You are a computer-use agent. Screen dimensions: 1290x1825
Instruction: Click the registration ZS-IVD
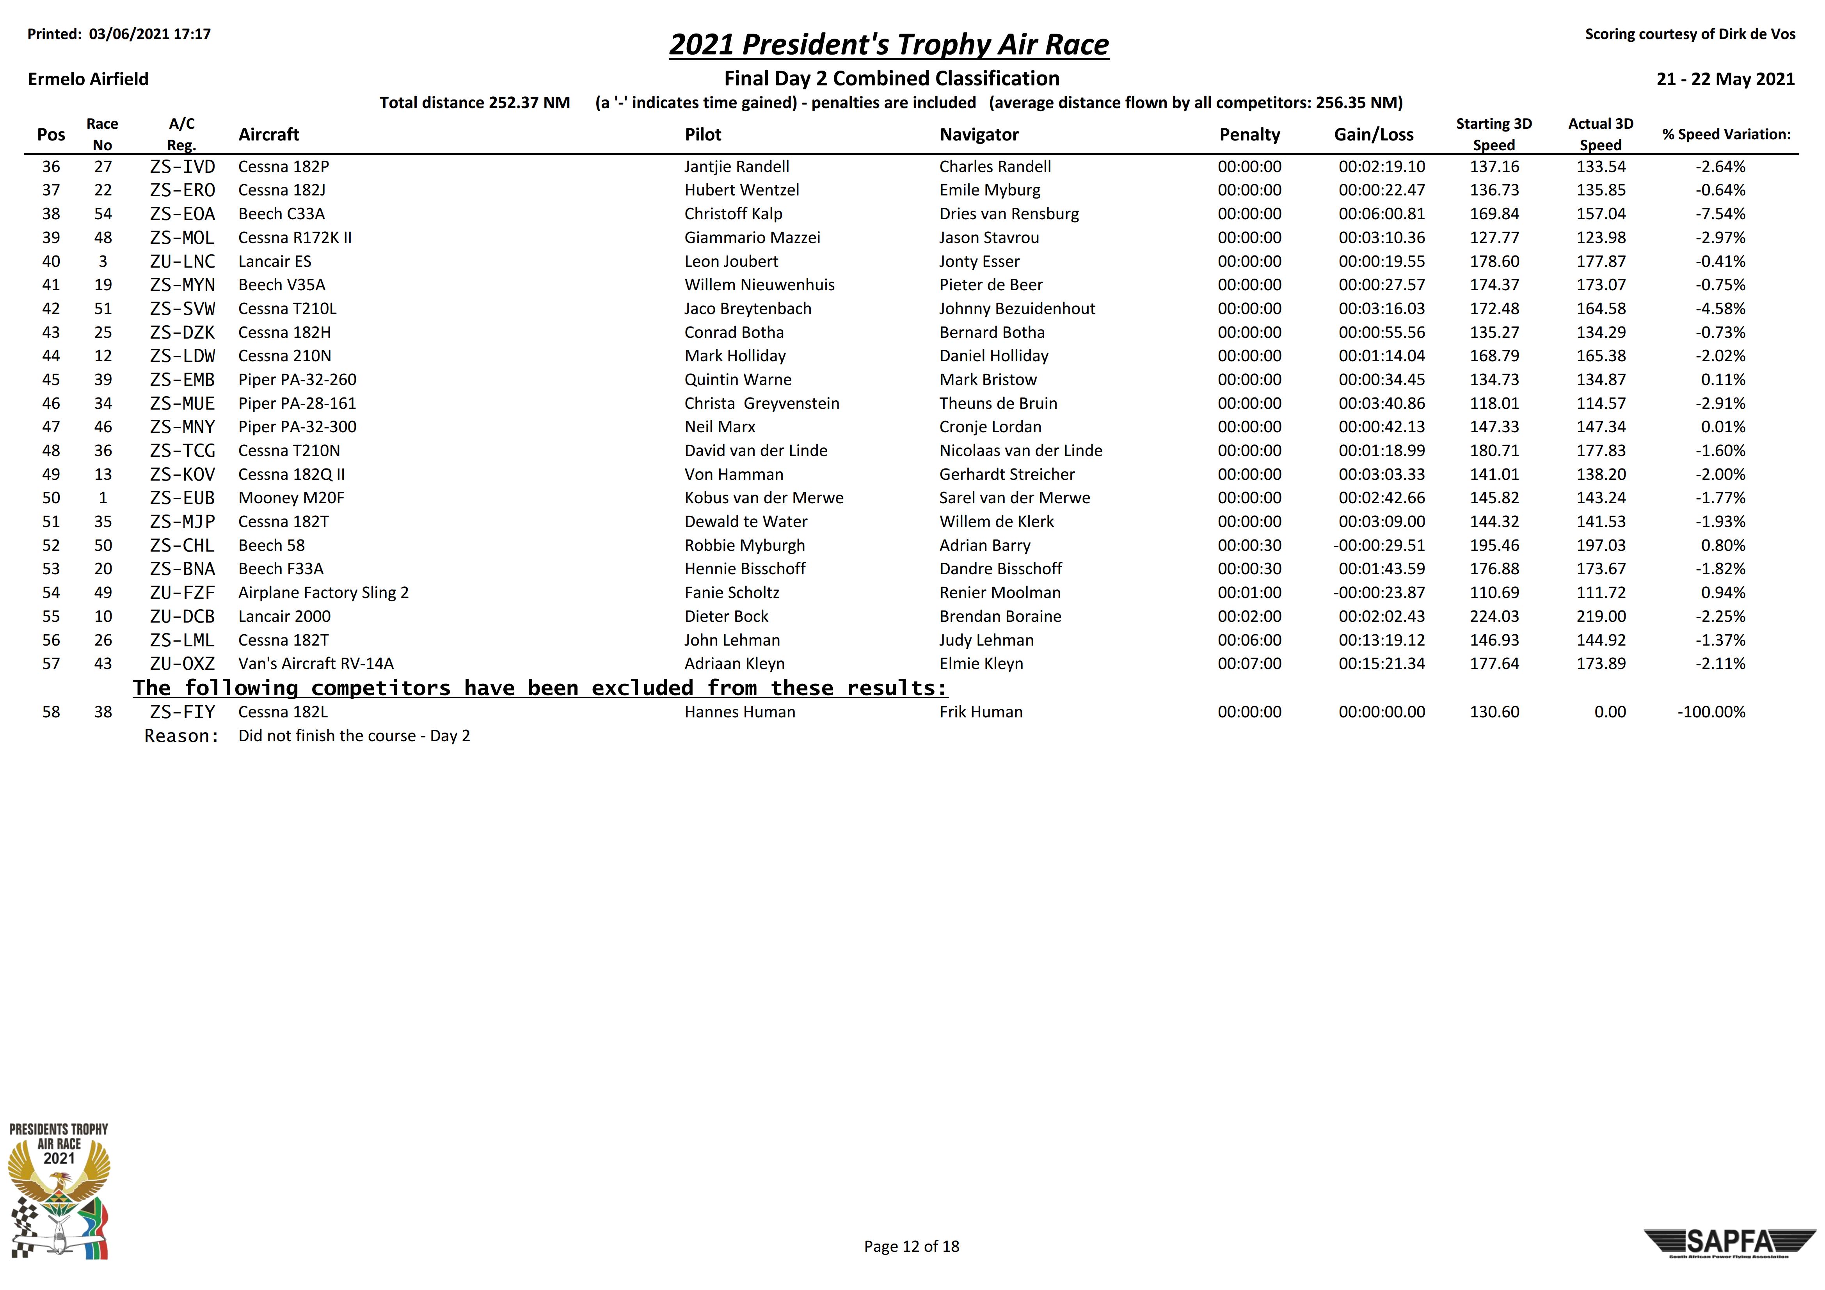(x=182, y=167)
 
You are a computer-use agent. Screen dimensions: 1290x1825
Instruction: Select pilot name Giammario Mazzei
(x=752, y=238)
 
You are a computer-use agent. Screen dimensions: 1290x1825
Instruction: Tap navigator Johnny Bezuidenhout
(x=1016, y=309)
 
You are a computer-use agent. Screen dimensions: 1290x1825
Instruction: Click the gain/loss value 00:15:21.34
(x=1381, y=664)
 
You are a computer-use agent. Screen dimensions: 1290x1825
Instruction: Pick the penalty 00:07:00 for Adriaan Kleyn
(x=1249, y=664)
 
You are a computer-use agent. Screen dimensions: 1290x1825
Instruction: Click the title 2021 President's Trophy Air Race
(x=889, y=44)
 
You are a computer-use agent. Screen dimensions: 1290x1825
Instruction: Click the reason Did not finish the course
(x=354, y=736)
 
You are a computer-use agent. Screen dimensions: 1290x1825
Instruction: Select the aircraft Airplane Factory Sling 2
(x=323, y=593)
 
